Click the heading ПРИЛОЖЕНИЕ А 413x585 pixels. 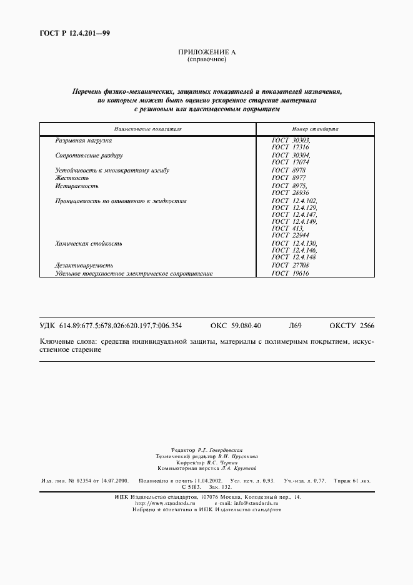click(206, 53)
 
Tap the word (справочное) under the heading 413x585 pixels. click(206, 60)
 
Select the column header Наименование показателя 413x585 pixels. click(148, 129)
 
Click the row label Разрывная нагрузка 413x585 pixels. click(83, 141)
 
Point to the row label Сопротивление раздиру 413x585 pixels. click(89, 155)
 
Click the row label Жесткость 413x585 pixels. click(73, 178)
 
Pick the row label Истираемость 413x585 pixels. click(77, 186)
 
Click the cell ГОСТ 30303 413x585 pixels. click(291, 141)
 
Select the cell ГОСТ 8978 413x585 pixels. click(289, 170)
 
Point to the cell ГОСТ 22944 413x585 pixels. click(291, 235)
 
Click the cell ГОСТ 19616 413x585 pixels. click(291, 273)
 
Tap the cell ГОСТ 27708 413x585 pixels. click(291, 266)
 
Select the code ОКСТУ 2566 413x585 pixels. click(351, 326)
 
